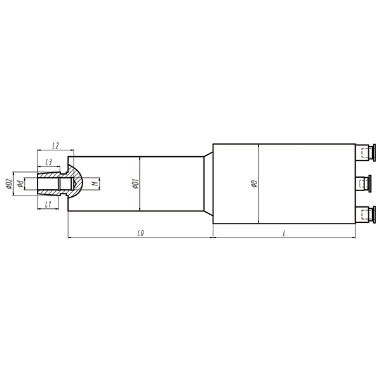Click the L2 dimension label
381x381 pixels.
(55, 146)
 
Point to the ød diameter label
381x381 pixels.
(22, 184)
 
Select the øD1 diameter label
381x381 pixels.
(135, 184)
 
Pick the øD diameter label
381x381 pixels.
(254, 184)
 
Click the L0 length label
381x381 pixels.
(140, 233)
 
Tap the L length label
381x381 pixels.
(284, 233)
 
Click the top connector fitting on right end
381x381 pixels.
(365, 152)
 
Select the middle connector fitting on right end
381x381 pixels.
(365, 184)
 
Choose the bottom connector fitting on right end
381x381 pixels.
(365, 215)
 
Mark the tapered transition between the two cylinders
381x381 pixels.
(207, 184)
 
